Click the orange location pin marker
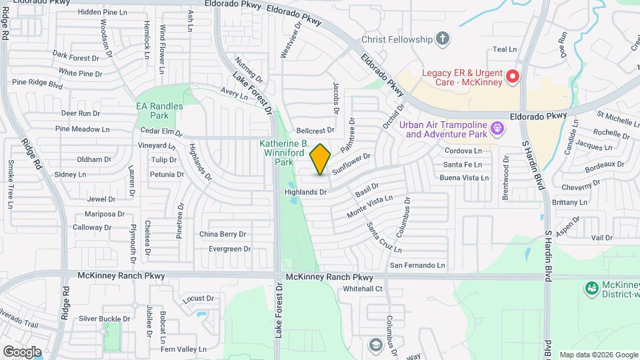tap(321, 159)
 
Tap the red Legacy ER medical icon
tap(513, 77)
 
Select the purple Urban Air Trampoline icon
tap(496, 127)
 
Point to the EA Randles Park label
tap(153, 111)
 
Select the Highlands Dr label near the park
tap(305, 192)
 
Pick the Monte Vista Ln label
tap(370, 207)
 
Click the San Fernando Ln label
tap(417, 265)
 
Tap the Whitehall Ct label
tap(363, 289)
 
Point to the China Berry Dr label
tap(223, 234)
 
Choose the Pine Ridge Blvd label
tap(37, 83)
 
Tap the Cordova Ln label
tap(463, 151)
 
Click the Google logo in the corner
tap(22, 351)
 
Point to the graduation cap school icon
tap(375, 344)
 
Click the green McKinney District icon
tap(591, 288)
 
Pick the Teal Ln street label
tap(505, 49)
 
